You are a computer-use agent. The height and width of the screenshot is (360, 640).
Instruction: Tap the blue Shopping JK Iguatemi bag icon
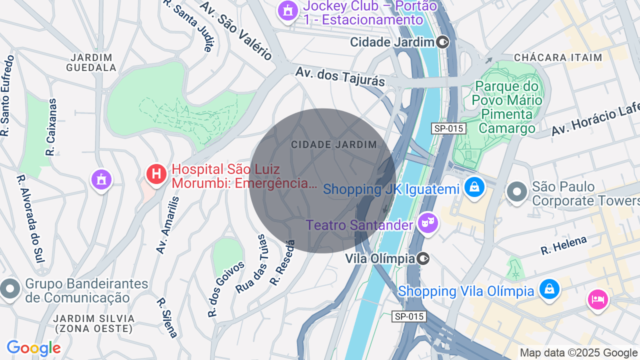coord(473,187)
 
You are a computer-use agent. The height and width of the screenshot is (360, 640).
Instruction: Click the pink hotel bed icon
coord(597,299)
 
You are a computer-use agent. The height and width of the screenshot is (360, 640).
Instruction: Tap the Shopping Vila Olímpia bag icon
coord(549,289)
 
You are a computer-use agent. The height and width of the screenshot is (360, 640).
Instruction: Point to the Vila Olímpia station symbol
coord(423,258)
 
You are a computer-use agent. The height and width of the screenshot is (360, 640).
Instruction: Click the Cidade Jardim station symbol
coord(442,42)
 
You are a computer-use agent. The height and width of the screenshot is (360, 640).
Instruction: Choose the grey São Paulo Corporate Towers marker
coord(517,192)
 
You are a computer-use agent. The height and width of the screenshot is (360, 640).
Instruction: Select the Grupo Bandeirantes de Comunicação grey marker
coord(10,289)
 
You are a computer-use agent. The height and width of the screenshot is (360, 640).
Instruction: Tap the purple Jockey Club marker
coord(287,10)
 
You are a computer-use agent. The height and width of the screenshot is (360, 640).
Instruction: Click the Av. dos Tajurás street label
coord(340,76)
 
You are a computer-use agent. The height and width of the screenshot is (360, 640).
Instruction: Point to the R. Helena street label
coord(563,245)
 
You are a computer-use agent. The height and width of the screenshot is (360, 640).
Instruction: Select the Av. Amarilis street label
coord(167,225)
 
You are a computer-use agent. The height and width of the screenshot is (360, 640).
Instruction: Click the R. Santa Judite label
coord(188,25)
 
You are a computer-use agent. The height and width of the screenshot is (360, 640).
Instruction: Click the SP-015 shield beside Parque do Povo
coord(448,128)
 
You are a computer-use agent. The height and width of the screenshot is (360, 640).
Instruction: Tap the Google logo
coord(33,348)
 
